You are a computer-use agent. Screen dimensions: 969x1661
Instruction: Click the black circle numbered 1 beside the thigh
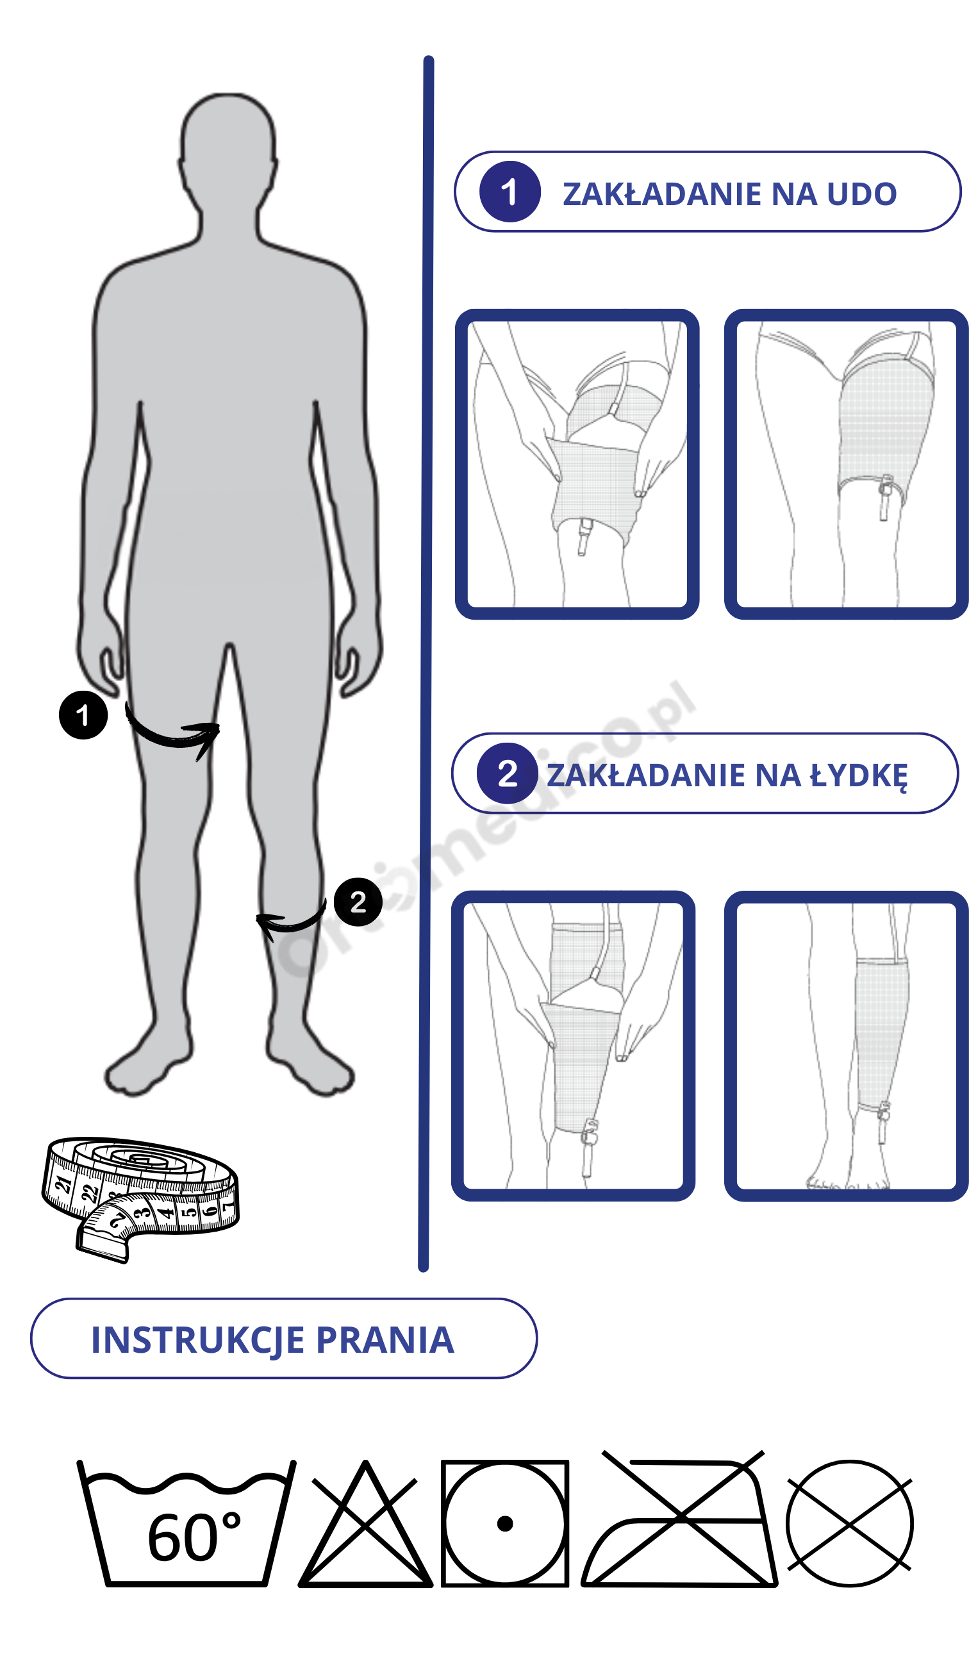click(83, 715)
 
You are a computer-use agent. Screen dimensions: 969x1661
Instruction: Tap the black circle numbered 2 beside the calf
click(358, 902)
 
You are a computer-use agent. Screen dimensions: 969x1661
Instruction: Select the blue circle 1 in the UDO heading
click(509, 192)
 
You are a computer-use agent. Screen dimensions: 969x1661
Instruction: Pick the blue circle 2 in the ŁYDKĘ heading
click(507, 773)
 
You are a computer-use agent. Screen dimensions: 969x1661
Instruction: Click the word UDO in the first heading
click(861, 194)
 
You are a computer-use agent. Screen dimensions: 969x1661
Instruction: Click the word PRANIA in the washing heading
click(385, 1340)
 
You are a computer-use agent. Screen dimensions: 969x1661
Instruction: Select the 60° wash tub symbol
click(186, 1523)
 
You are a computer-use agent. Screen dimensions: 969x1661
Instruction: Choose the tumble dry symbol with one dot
click(504, 1523)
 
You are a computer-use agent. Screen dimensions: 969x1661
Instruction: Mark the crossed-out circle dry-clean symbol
click(849, 1523)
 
